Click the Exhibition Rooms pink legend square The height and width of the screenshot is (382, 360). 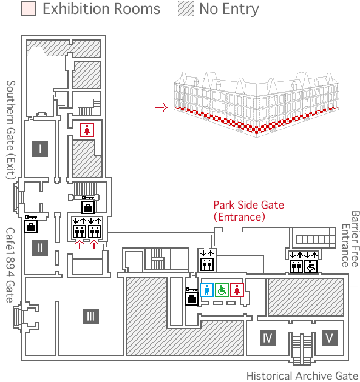pos(29,8)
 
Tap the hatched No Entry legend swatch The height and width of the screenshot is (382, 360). pos(186,8)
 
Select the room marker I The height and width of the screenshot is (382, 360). pos(40,149)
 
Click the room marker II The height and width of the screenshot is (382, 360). pos(40,248)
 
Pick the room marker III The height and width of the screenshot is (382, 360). pos(91,317)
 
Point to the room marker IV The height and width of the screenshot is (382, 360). pos(268,338)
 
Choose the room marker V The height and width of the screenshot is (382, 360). pos(330,338)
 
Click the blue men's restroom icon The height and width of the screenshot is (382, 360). pos(207,290)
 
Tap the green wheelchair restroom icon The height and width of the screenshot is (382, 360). pos(222,290)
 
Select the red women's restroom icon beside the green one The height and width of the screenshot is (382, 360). pos(237,290)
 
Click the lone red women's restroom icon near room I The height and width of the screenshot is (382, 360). pos(87,130)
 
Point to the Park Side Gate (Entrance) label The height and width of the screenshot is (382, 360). pos(248,211)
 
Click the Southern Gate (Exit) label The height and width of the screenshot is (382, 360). pos(11,130)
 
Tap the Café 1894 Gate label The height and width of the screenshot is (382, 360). pos(10,266)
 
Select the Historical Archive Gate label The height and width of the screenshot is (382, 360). pos(302,376)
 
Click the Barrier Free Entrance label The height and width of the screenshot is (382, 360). pos(350,239)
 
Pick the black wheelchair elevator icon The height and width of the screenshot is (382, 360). pos(311,266)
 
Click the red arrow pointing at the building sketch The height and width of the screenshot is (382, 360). pos(161,107)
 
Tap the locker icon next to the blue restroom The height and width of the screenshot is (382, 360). pos(192,297)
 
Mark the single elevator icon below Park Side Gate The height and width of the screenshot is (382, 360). pos(207,261)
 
